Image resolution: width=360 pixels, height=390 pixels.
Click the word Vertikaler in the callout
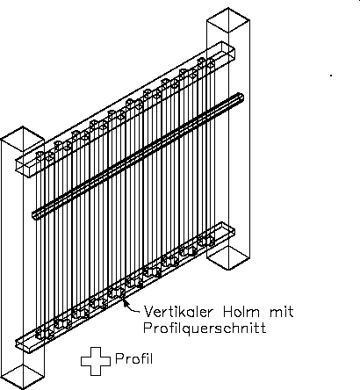177,312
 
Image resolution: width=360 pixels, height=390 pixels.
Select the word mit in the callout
281,312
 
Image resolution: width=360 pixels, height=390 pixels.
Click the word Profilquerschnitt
205,328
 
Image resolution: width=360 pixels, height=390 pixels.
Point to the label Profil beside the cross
134,358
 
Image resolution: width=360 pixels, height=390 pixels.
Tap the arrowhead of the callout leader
125,302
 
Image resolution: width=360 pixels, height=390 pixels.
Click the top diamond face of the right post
228,20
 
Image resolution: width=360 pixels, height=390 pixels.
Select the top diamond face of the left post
22,139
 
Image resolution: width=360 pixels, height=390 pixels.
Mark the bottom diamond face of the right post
228,257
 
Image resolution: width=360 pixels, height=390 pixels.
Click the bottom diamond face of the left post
22,377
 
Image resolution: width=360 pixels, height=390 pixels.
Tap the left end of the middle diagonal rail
34,214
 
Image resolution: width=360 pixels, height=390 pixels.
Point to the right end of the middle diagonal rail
241,97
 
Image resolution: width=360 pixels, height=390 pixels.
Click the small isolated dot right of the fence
331,76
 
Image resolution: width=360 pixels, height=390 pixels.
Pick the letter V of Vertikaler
148,312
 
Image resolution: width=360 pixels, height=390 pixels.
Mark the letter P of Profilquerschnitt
148,328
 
